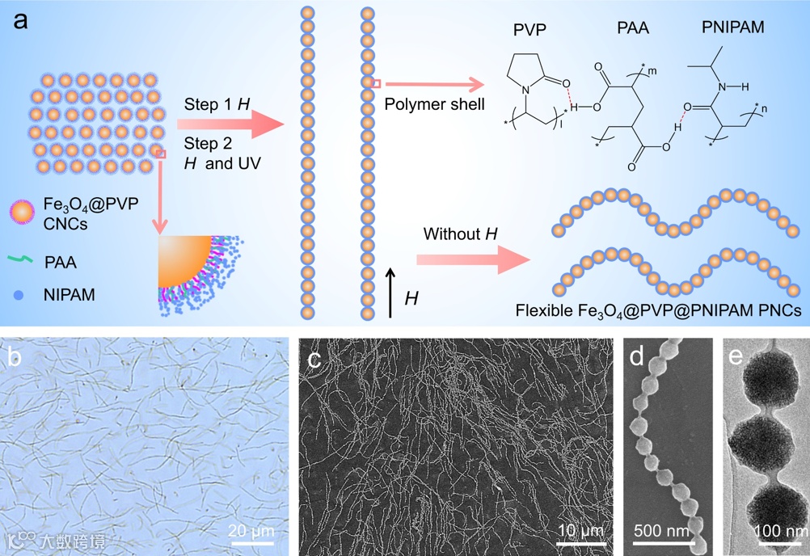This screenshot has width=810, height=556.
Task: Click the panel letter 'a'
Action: click(x=20, y=20)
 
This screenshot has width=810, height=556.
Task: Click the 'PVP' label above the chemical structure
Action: click(x=529, y=30)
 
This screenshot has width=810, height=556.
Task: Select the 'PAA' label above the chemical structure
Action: click(x=633, y=30)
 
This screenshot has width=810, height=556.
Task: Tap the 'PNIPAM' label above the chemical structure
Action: click(x=733, y=28)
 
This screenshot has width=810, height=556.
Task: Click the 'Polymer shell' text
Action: click(x=434, y=104)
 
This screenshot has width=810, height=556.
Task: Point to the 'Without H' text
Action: click(x=461, y=235)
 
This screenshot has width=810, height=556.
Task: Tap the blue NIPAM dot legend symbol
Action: click(x=19, y=295)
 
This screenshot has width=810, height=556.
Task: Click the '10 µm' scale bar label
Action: click(x=580, y=530)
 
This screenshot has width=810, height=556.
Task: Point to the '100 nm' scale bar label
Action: click(x=780, y=531)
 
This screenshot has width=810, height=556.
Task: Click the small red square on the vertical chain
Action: click(x=376, y=83)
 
